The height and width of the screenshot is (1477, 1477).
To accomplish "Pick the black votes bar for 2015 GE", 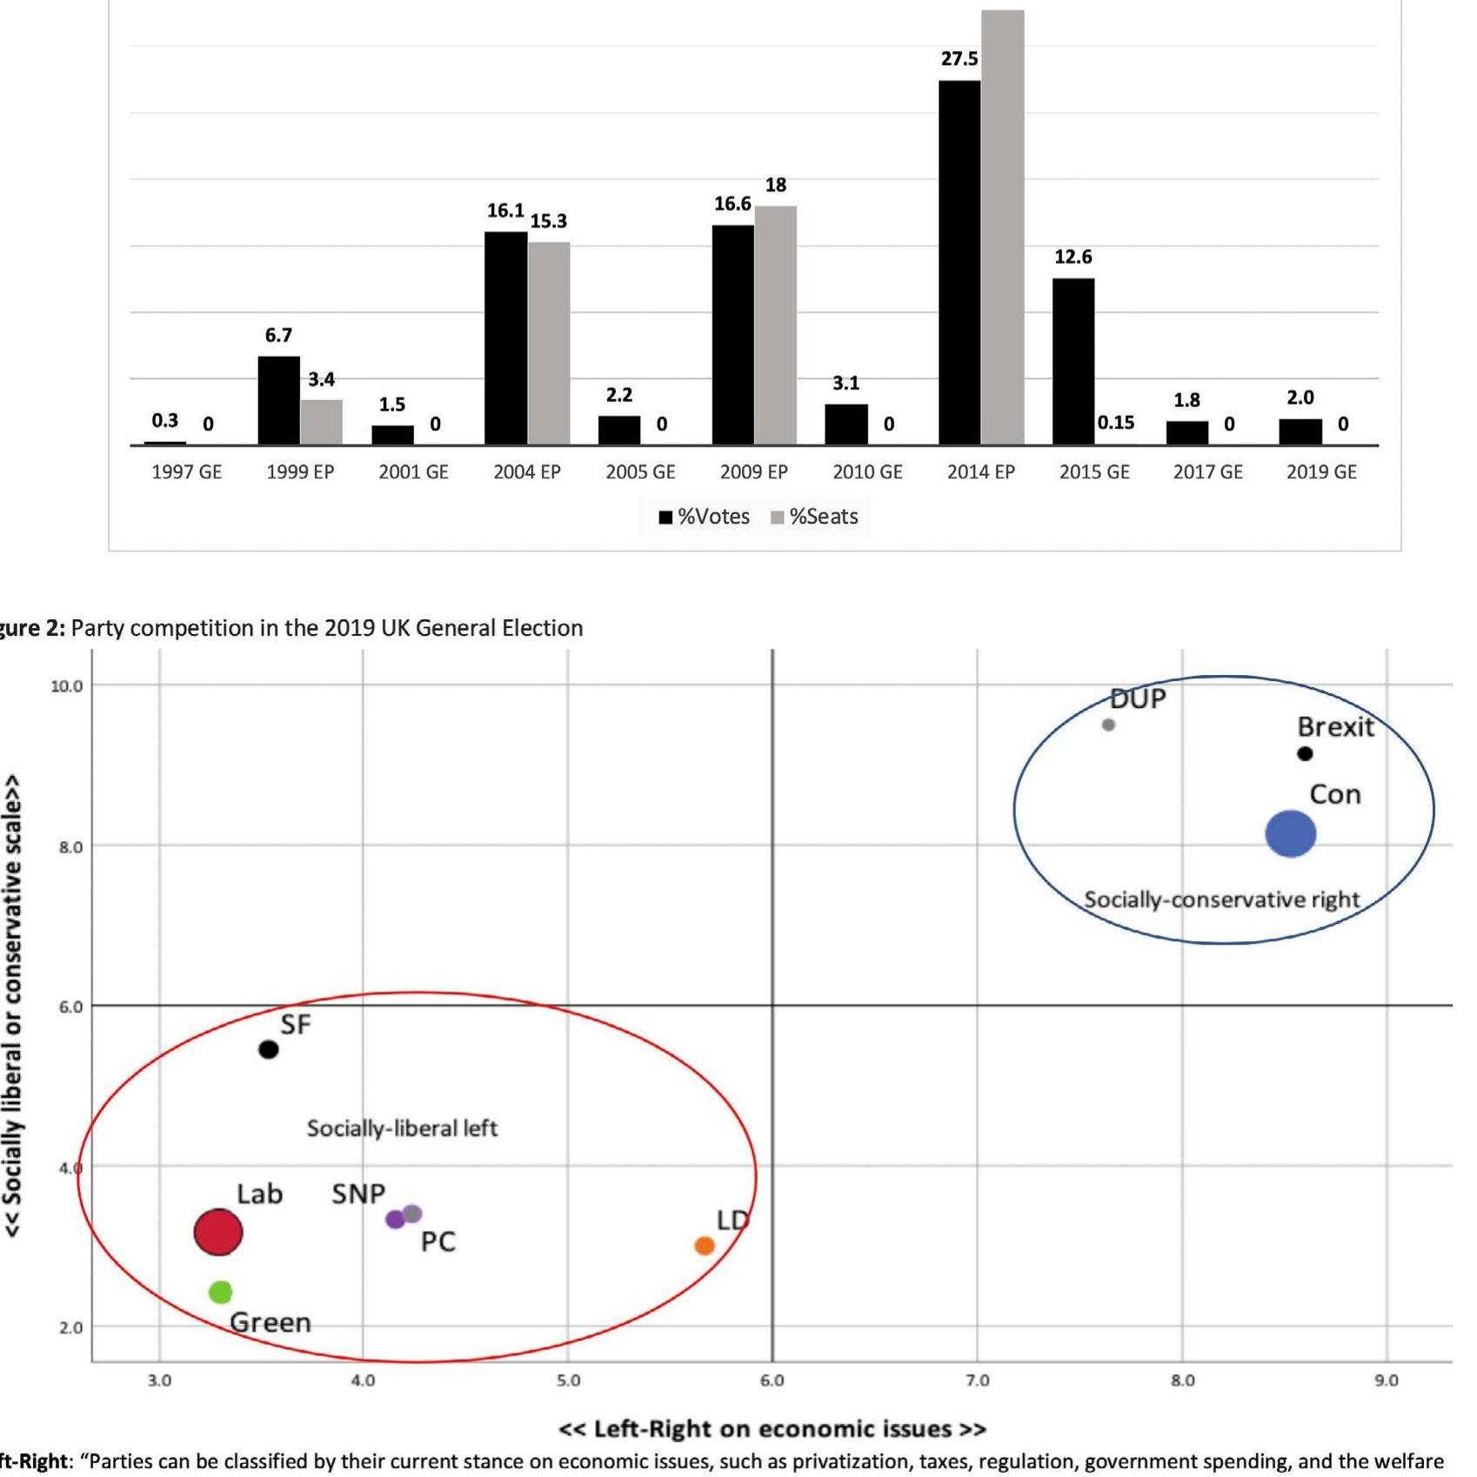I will tap(1073, 361).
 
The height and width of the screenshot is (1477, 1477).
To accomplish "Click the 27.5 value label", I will tap(959, 59).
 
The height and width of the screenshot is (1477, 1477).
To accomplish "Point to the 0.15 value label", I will tap(1115, 423).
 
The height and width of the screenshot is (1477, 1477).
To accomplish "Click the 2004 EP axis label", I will tap(526, 472).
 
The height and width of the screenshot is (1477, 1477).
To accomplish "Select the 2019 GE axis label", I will tap(1320, 472).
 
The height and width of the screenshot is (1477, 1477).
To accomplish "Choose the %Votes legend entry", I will tap(704, 517).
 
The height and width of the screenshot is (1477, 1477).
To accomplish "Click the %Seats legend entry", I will tap(814, 517).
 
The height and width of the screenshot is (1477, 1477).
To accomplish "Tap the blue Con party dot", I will tap(1290, 833).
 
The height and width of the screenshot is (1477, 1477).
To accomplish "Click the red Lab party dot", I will tap(217, 1232).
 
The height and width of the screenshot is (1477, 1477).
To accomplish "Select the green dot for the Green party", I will tap(221, 1292).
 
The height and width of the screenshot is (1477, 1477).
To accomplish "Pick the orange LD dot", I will tap(705, 1246).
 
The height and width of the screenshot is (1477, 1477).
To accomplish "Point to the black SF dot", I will tap(269, 1049).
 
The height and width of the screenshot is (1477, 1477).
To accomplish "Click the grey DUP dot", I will tap(1108, 725).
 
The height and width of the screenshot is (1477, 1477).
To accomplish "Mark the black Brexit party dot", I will tap(1305, 753).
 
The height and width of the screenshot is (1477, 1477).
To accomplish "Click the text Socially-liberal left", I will tap(402, 1128).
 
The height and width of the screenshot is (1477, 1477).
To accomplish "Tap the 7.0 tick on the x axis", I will tap(977, 1380).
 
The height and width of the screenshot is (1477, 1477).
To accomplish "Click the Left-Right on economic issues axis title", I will tap(772, 1429).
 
